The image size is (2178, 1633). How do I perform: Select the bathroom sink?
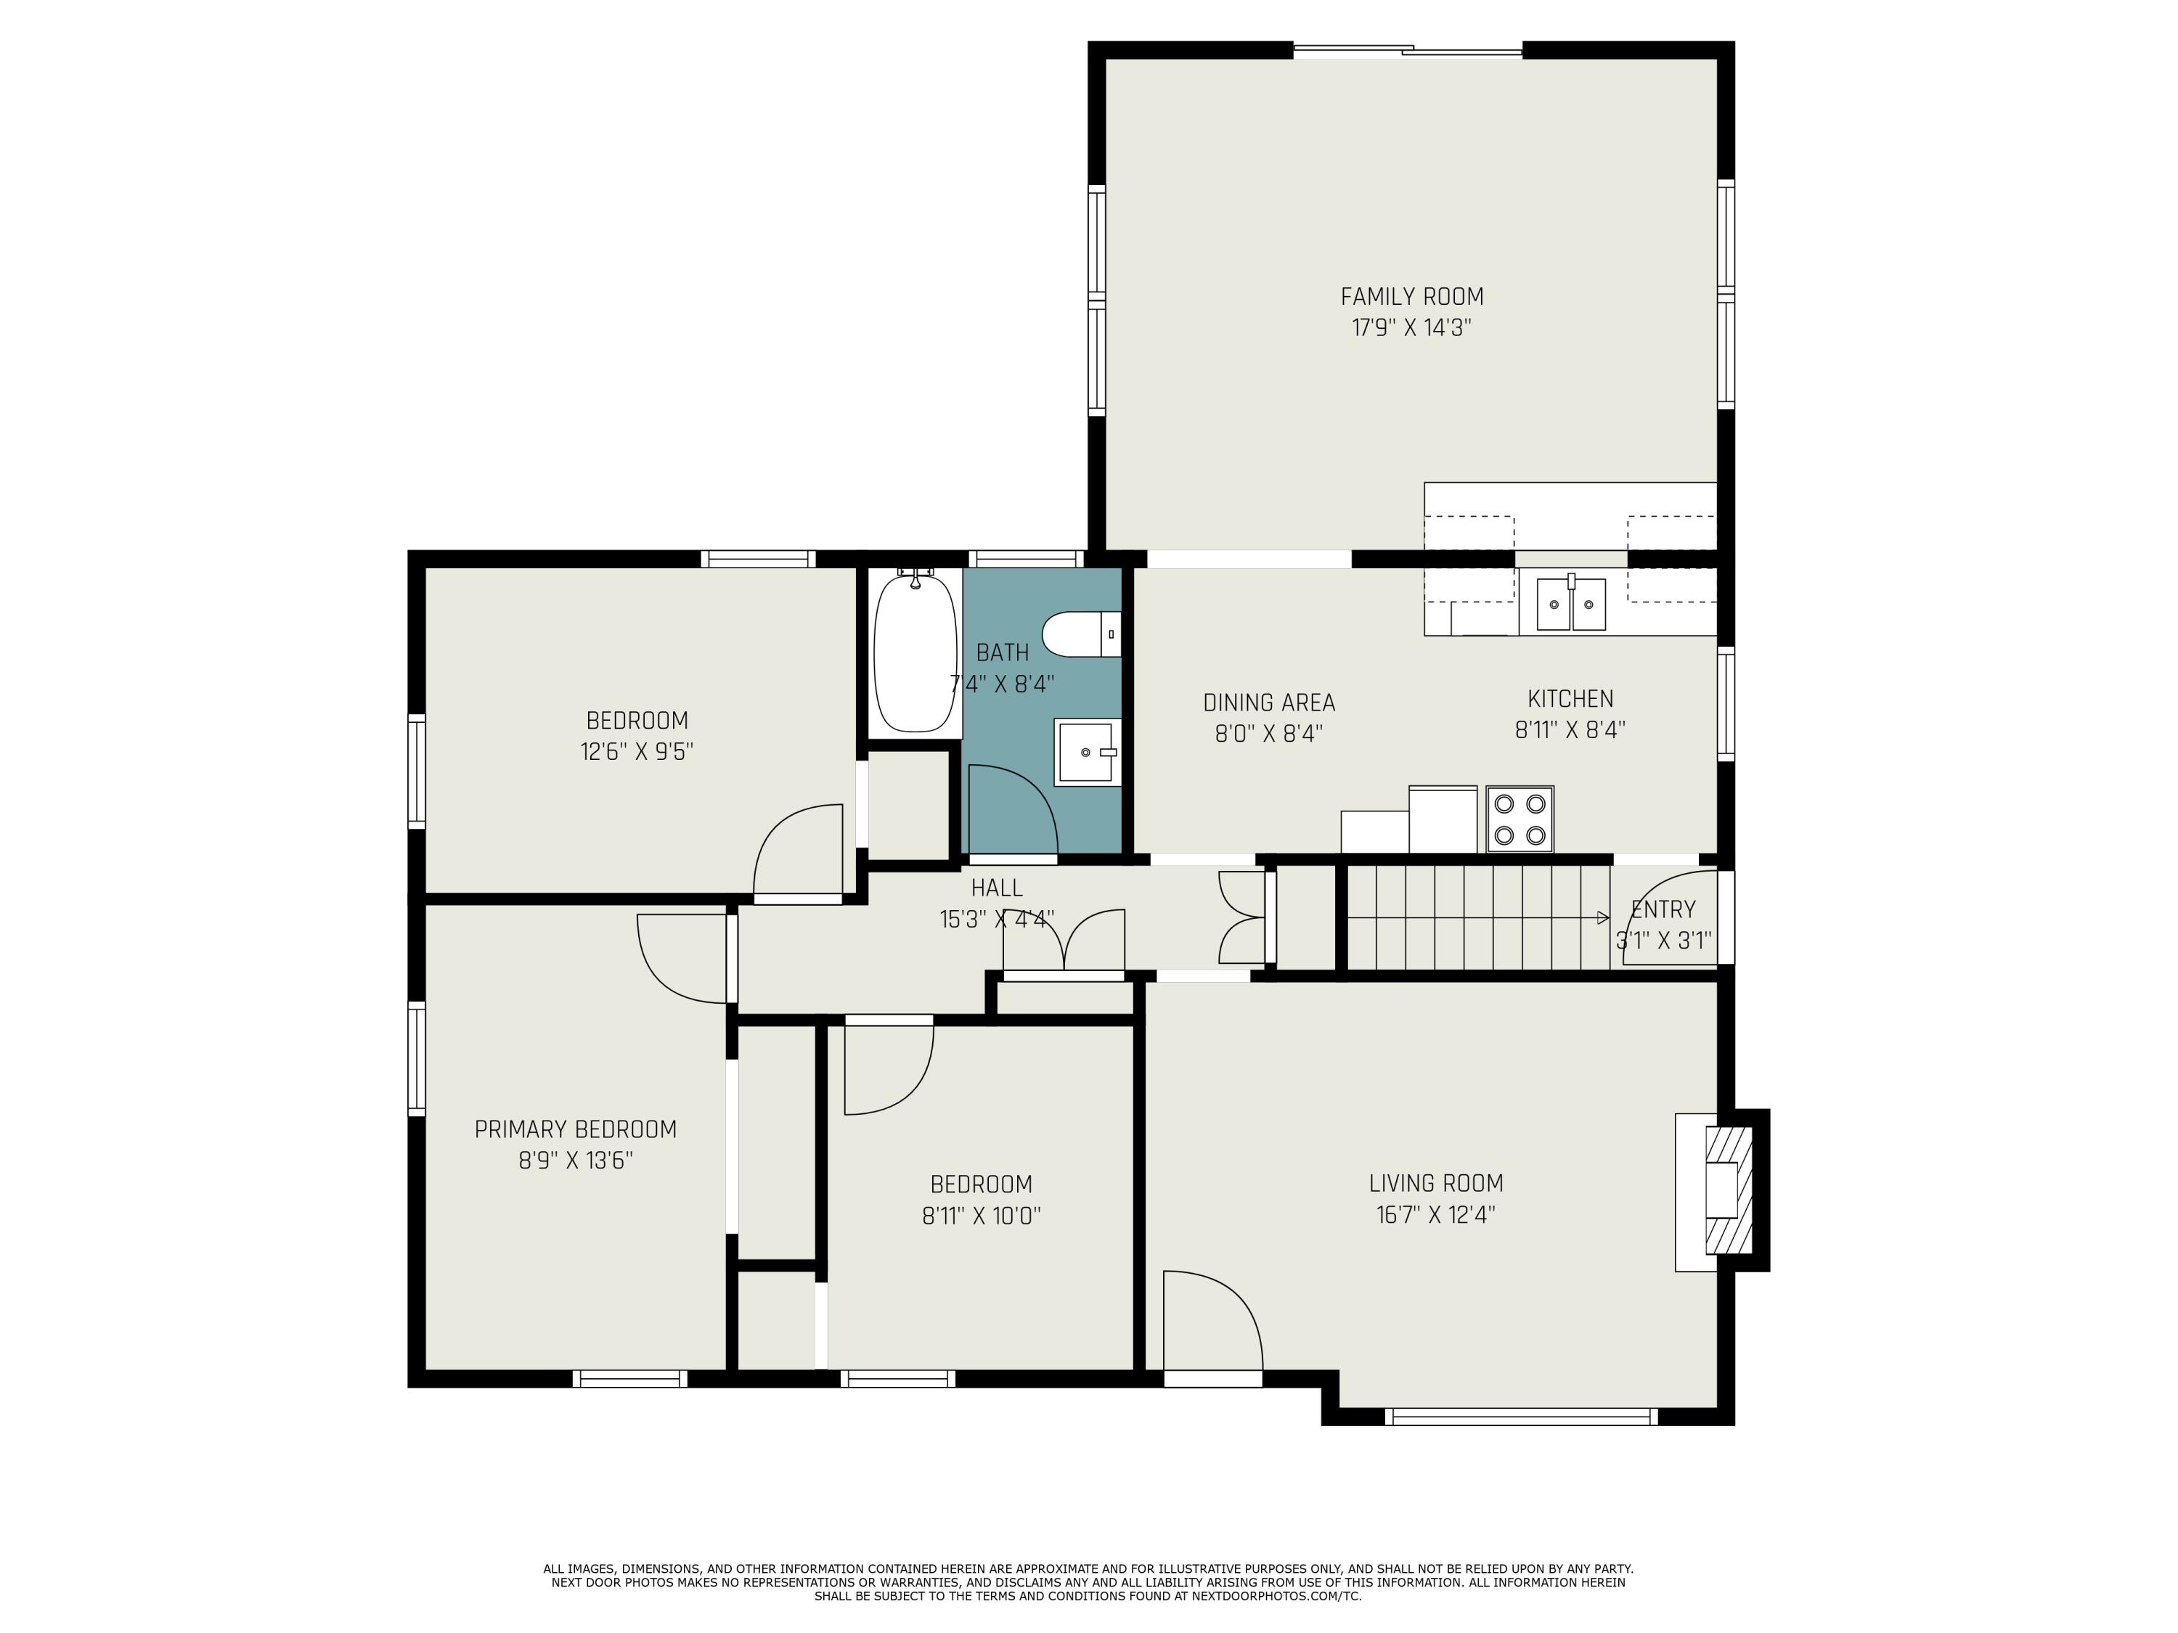point(1088,752)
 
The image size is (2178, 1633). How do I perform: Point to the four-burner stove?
point(1520,819)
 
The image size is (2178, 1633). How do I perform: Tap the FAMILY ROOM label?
point(1412,296)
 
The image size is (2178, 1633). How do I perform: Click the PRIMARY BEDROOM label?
point(576,1129)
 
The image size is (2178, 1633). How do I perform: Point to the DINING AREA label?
point(1269,703)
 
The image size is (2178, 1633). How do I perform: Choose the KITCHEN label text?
point(1570,699)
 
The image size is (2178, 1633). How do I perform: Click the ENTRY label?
point(1663,909)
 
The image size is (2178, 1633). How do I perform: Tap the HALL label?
point(997,888)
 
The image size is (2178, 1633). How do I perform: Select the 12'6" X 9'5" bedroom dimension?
point(637,752)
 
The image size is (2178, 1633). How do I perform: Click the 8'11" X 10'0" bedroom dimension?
point(982,1216)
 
